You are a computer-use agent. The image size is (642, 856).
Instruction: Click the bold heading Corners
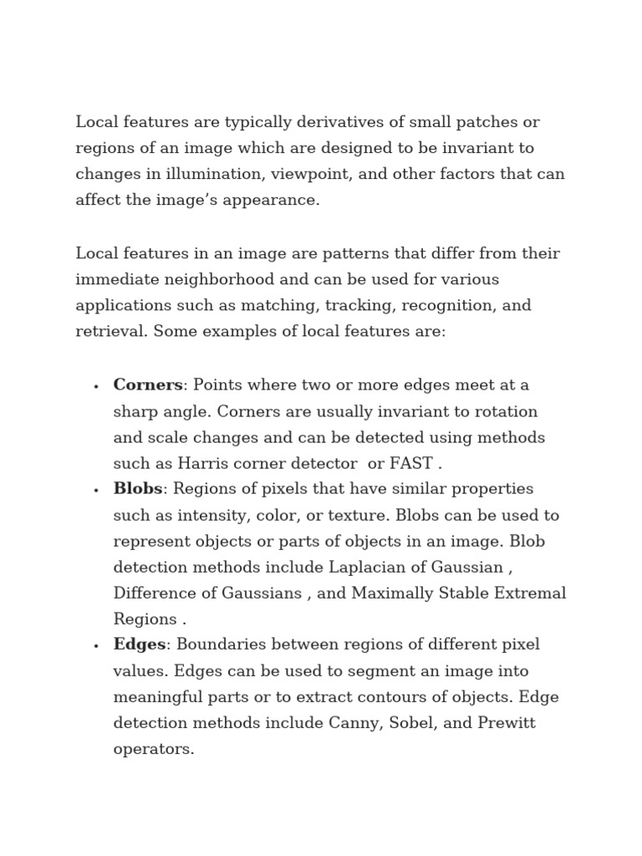coord(147,385)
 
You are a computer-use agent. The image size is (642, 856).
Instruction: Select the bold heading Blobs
coord(137,488)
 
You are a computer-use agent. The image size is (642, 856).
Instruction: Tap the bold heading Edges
coord(140,645)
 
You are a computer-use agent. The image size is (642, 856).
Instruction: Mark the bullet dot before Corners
coord(97,386)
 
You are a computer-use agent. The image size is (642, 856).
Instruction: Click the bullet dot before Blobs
coord(97,490)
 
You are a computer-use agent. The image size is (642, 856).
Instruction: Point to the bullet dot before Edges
coord(97,646)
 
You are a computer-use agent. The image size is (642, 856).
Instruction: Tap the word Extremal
coord(532,593)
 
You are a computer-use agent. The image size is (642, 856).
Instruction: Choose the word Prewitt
coord(506,722)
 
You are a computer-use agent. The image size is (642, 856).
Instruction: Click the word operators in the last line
coord(153,749)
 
